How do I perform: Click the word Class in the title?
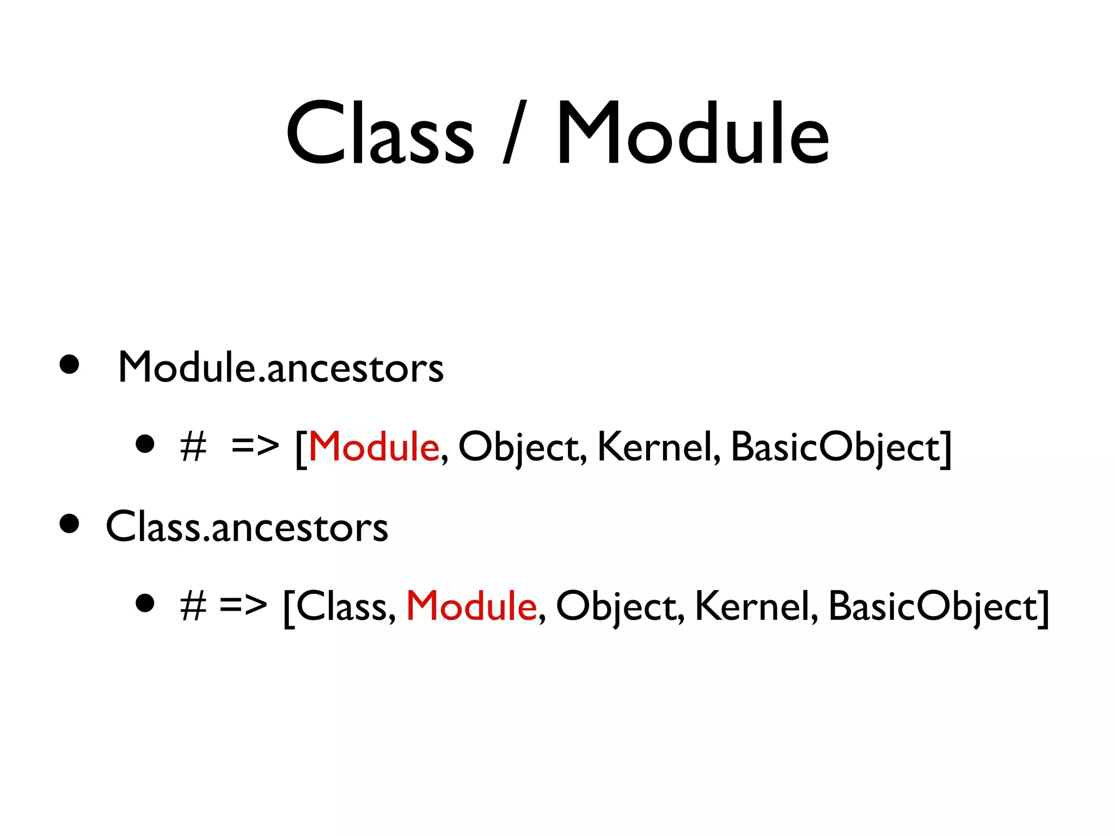(x=380, y=134)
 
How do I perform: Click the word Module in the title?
(x=692, y=134)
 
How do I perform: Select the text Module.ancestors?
(x=280, y=368)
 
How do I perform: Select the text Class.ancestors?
(x=247, y=527)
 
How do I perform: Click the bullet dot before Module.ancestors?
(x=69, y=365)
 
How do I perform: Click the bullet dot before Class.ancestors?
(x=69, y=524)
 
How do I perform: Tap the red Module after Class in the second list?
(x=471, y=606)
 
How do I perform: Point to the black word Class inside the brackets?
(x=341, y=606)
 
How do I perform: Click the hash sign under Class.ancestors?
(x=193, y=606)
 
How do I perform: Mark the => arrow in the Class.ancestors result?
(x=243, y=605)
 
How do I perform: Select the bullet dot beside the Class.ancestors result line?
(x=145, y=603)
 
